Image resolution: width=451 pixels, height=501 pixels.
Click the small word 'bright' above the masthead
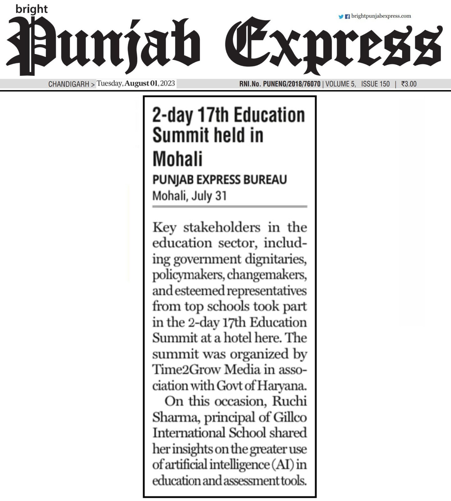coord(31,9)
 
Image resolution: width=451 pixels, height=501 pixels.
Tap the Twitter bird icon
coord(341,17)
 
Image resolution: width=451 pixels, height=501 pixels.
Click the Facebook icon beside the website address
coord(347,17)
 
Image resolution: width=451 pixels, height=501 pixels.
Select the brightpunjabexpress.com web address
coord(381,16)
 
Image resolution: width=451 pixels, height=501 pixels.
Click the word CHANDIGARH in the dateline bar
coord(69,84)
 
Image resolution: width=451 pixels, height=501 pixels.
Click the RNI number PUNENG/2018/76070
coord(292,84)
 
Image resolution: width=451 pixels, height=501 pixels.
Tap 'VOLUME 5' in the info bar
coord(341,84)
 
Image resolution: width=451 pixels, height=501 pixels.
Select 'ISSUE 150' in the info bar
coord(375,84)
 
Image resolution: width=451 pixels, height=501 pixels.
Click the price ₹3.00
coord(409,84)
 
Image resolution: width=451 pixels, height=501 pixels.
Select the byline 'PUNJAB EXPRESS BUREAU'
coord(220,180)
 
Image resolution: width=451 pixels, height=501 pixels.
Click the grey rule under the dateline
coord(230,207)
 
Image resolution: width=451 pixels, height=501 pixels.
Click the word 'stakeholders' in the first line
coord(222,228)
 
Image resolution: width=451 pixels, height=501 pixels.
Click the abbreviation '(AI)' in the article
coord(284,465)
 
